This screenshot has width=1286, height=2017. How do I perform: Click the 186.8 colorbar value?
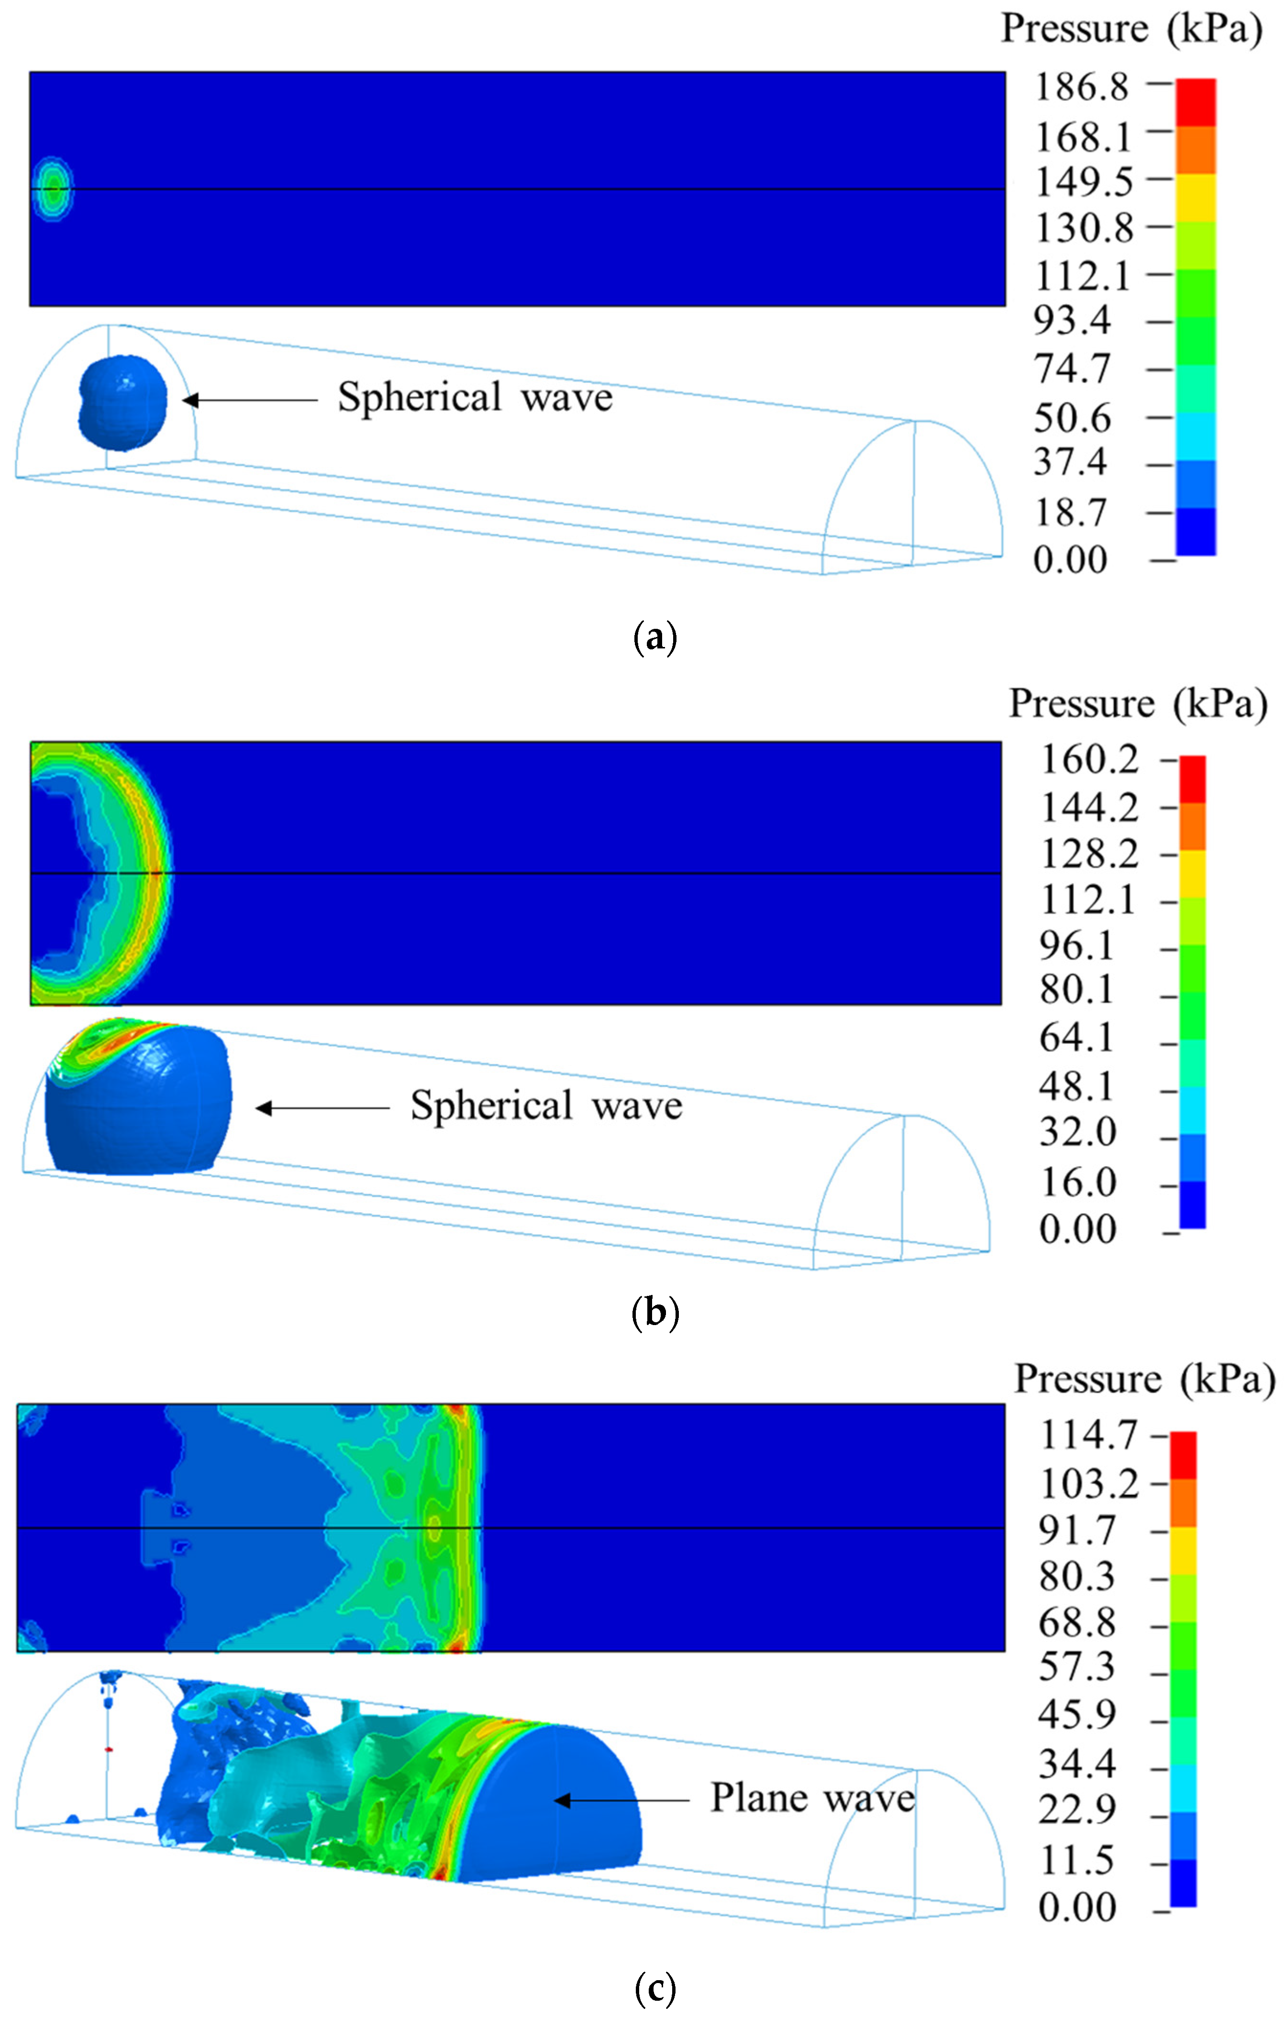click(1082, 87)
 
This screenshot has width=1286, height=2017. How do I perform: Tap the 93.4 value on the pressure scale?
click(1072, 321)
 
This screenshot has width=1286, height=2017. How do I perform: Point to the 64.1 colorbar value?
click(1077, 1039)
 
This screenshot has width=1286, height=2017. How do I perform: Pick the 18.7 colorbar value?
click(1071, 513)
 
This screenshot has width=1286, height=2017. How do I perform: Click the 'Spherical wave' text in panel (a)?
click(475, 398)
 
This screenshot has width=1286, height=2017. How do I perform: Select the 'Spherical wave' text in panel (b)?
click(546, 1107)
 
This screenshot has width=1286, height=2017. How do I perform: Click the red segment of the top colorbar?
click(1196, 102)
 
